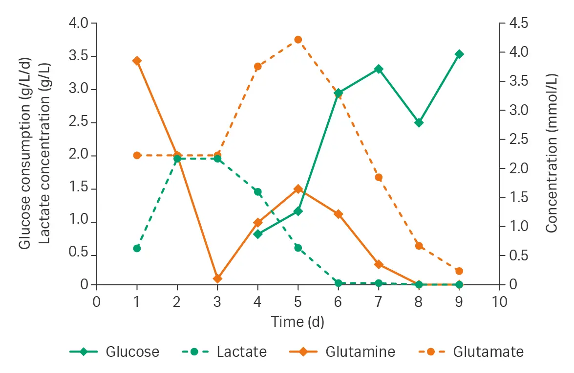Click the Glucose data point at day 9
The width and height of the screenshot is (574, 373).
pos(459,54)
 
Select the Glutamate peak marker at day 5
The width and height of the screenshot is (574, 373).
pos(298,40)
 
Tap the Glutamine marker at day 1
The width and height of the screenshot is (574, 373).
pos(137,61)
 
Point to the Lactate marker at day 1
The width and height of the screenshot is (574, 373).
pos(137,248)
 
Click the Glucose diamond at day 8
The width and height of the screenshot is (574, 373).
pos(419,122)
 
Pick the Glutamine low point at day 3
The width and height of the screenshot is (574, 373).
pos(217,279)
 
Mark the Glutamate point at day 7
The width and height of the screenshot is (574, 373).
pos(379,177)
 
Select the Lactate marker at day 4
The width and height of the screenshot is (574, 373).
pos(258,191)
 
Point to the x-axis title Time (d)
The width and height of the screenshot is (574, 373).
pos(298,322)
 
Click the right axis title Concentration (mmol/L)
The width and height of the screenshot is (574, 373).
pos(552,153)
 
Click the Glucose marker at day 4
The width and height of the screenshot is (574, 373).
pos(258,233)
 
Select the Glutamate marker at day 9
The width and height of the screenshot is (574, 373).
pos(459,271)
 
